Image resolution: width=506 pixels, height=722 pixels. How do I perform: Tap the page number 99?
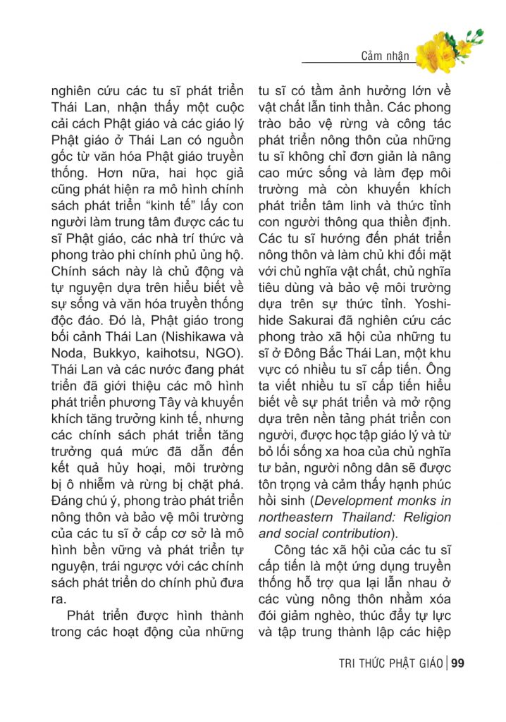click(457, 663)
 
